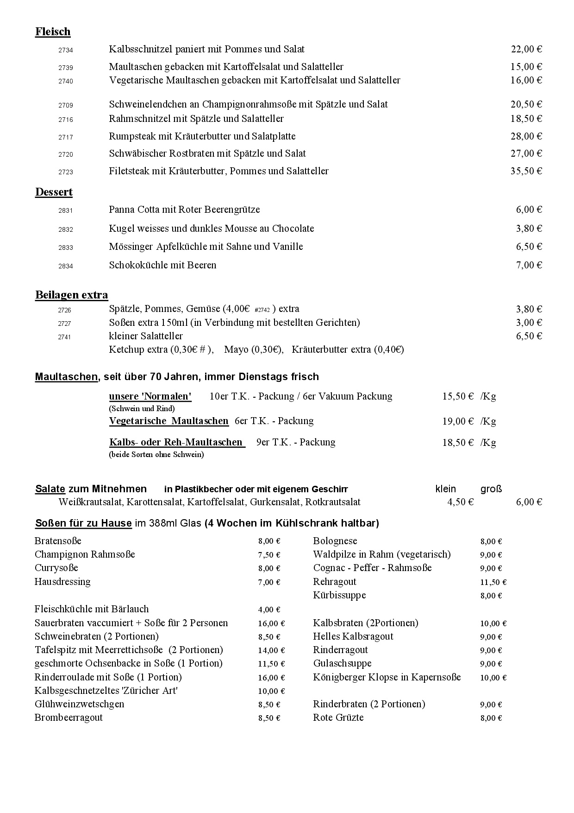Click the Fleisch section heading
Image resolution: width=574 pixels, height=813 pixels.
pyautogui.click(x=53, y=32)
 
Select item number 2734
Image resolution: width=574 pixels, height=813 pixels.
pyautogui.click(x=66, y=50)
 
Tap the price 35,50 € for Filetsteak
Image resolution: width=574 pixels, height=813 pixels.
pyautogui.click(x=526, y=171)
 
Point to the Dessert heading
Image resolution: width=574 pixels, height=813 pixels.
pyautogui.click(x=54, y=192)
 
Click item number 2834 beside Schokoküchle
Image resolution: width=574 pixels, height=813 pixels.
pyautogui.click(x=66, y=266)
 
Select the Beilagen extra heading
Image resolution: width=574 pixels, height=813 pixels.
pyautogui.click(x=72, y=295)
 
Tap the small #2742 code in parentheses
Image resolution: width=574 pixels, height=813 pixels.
pyautogui.click(x=262, y=310)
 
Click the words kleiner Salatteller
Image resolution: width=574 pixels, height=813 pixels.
pyautogui.click(x=146, y=336)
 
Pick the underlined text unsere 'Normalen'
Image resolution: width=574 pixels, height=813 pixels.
pyautogui.click(x=150, y=396)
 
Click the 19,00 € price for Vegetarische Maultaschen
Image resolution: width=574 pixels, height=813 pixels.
pyautogui.click(x=458, y=421)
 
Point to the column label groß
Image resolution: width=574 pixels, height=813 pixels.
pyautogui.click(x=491, y=489)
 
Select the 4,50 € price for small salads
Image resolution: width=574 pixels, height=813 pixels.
pyautogui.click(x=460, y=502)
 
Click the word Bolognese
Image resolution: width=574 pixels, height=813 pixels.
pyautogui.click(x=335, y=541)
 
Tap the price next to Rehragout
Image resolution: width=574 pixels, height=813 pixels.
pyautogui.click(x=493, y=582)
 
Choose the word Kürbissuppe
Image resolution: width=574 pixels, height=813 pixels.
pyautogui.click(x=339, y=595)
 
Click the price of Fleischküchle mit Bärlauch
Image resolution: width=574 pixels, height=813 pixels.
pyautogui.click(x=269, y=610)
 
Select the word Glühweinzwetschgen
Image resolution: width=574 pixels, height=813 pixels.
pyautogui.click(x=79, y=704)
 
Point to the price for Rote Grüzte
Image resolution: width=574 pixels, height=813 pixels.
pyautogui.click(x=491, y=718)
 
